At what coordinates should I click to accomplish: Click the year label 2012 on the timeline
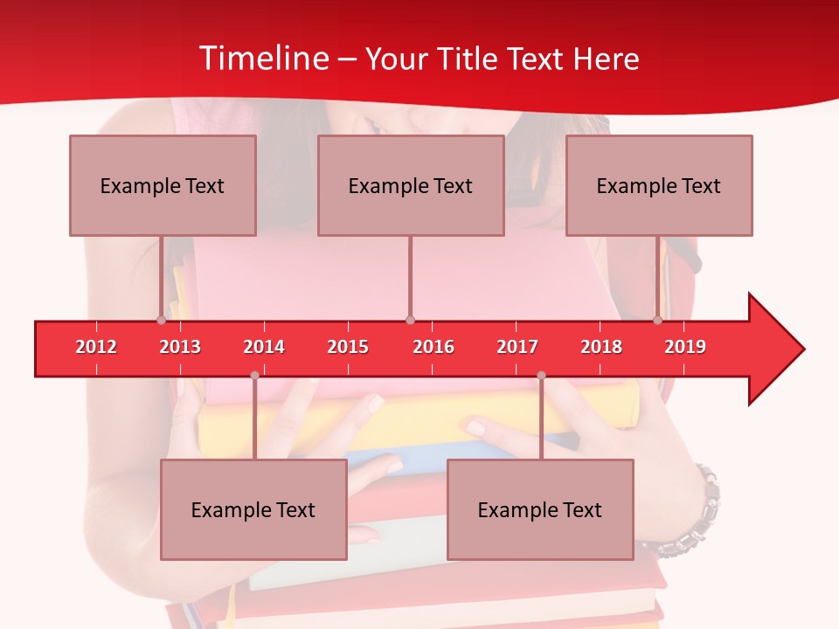pos(96,347)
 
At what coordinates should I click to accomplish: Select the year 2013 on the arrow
pos(180,347)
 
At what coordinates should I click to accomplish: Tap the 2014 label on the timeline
pos(264,347)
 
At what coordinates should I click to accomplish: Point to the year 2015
pos(348,347)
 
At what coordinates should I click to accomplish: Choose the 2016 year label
pos(433,347)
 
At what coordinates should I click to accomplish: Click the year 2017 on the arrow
pos(517,347)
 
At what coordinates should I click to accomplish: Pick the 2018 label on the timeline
pos(601,347)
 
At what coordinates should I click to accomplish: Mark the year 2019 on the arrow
pos(685,347)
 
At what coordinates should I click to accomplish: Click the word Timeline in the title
pos(262,59)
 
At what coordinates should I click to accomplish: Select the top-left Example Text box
pos(163,185)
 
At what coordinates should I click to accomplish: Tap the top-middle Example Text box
pos(411,185)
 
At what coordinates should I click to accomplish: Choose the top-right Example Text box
pos(659,185)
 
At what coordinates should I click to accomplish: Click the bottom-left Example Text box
pos(253,509)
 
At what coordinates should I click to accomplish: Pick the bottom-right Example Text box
pos(540,509)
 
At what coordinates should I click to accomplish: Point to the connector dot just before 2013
pos(161,320)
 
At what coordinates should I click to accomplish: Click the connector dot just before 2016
pos(410,320)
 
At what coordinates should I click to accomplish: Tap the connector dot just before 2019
pos(657,320)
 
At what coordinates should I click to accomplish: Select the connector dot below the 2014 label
pos(254,375)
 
